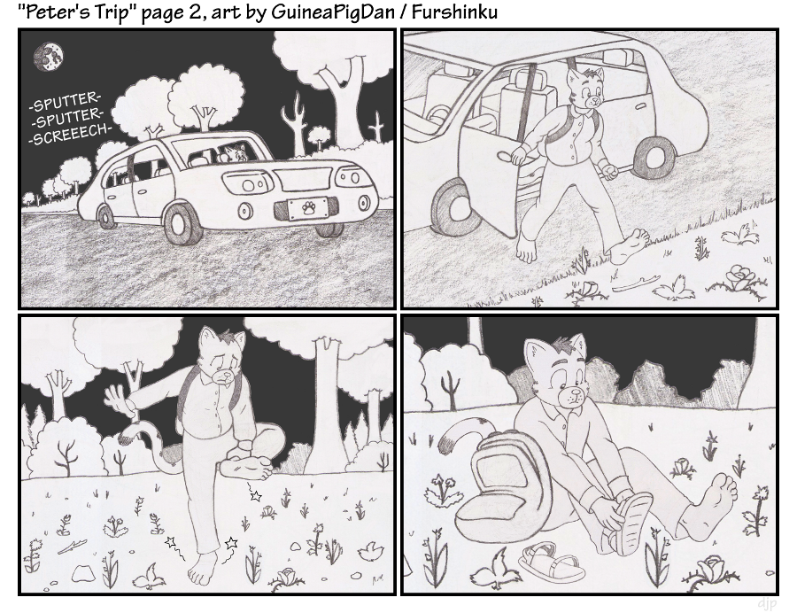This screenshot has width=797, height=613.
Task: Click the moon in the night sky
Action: pyautogui.click(x=49, y=57)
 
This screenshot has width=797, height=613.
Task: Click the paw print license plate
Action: pyautogui.click(x=307, y=209)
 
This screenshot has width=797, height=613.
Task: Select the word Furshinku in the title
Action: pyautogui.click(x=454, y=12)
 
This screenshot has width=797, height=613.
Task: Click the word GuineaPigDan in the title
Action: pyautogui.click(x=332, y=12)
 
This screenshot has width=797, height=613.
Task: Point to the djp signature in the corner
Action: pyautogui.click(x=767, y=603)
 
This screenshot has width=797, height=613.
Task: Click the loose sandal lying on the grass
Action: pyautogui.click(x=552, y=562)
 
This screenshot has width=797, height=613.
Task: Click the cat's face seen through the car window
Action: pyautogui.click(x=236, y=152)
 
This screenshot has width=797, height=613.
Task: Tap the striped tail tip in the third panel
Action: pyautogui.click(x=126, y=437)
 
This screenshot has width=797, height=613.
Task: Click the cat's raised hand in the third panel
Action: pyautogui.click(x=118, y=397)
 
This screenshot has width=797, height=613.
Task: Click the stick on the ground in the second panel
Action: pyautogui.click(x=635, y=283)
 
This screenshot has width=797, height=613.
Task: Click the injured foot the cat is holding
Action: pyautogui.click(x=248, y=465)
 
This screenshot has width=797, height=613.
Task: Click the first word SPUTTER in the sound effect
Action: pyautogui.click(x=66, y=102)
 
